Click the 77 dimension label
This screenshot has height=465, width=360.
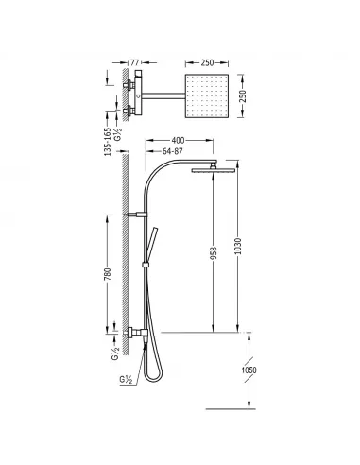click(134, 62)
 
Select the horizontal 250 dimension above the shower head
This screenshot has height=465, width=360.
click(207, 62)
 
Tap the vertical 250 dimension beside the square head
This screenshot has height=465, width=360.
click(241, 95)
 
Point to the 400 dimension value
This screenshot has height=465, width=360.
click(178, 140)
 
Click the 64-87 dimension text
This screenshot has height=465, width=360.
click(172, 151)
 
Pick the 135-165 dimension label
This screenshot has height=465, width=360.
click(108, 142)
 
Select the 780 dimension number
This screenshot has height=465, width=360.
click(108, 274)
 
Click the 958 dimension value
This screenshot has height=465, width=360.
click(214, 253)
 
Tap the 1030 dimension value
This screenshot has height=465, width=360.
click(238, 247)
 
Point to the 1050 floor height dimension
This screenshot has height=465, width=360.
click(249, 370)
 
